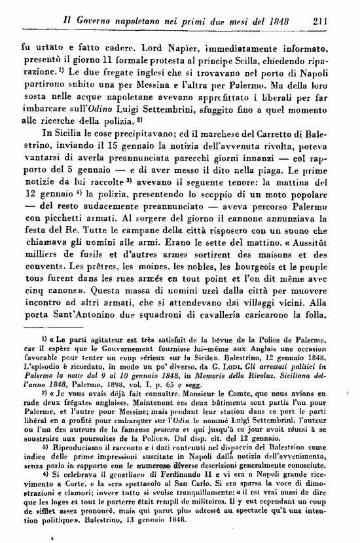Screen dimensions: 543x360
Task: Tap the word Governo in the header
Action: pos(81,20)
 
